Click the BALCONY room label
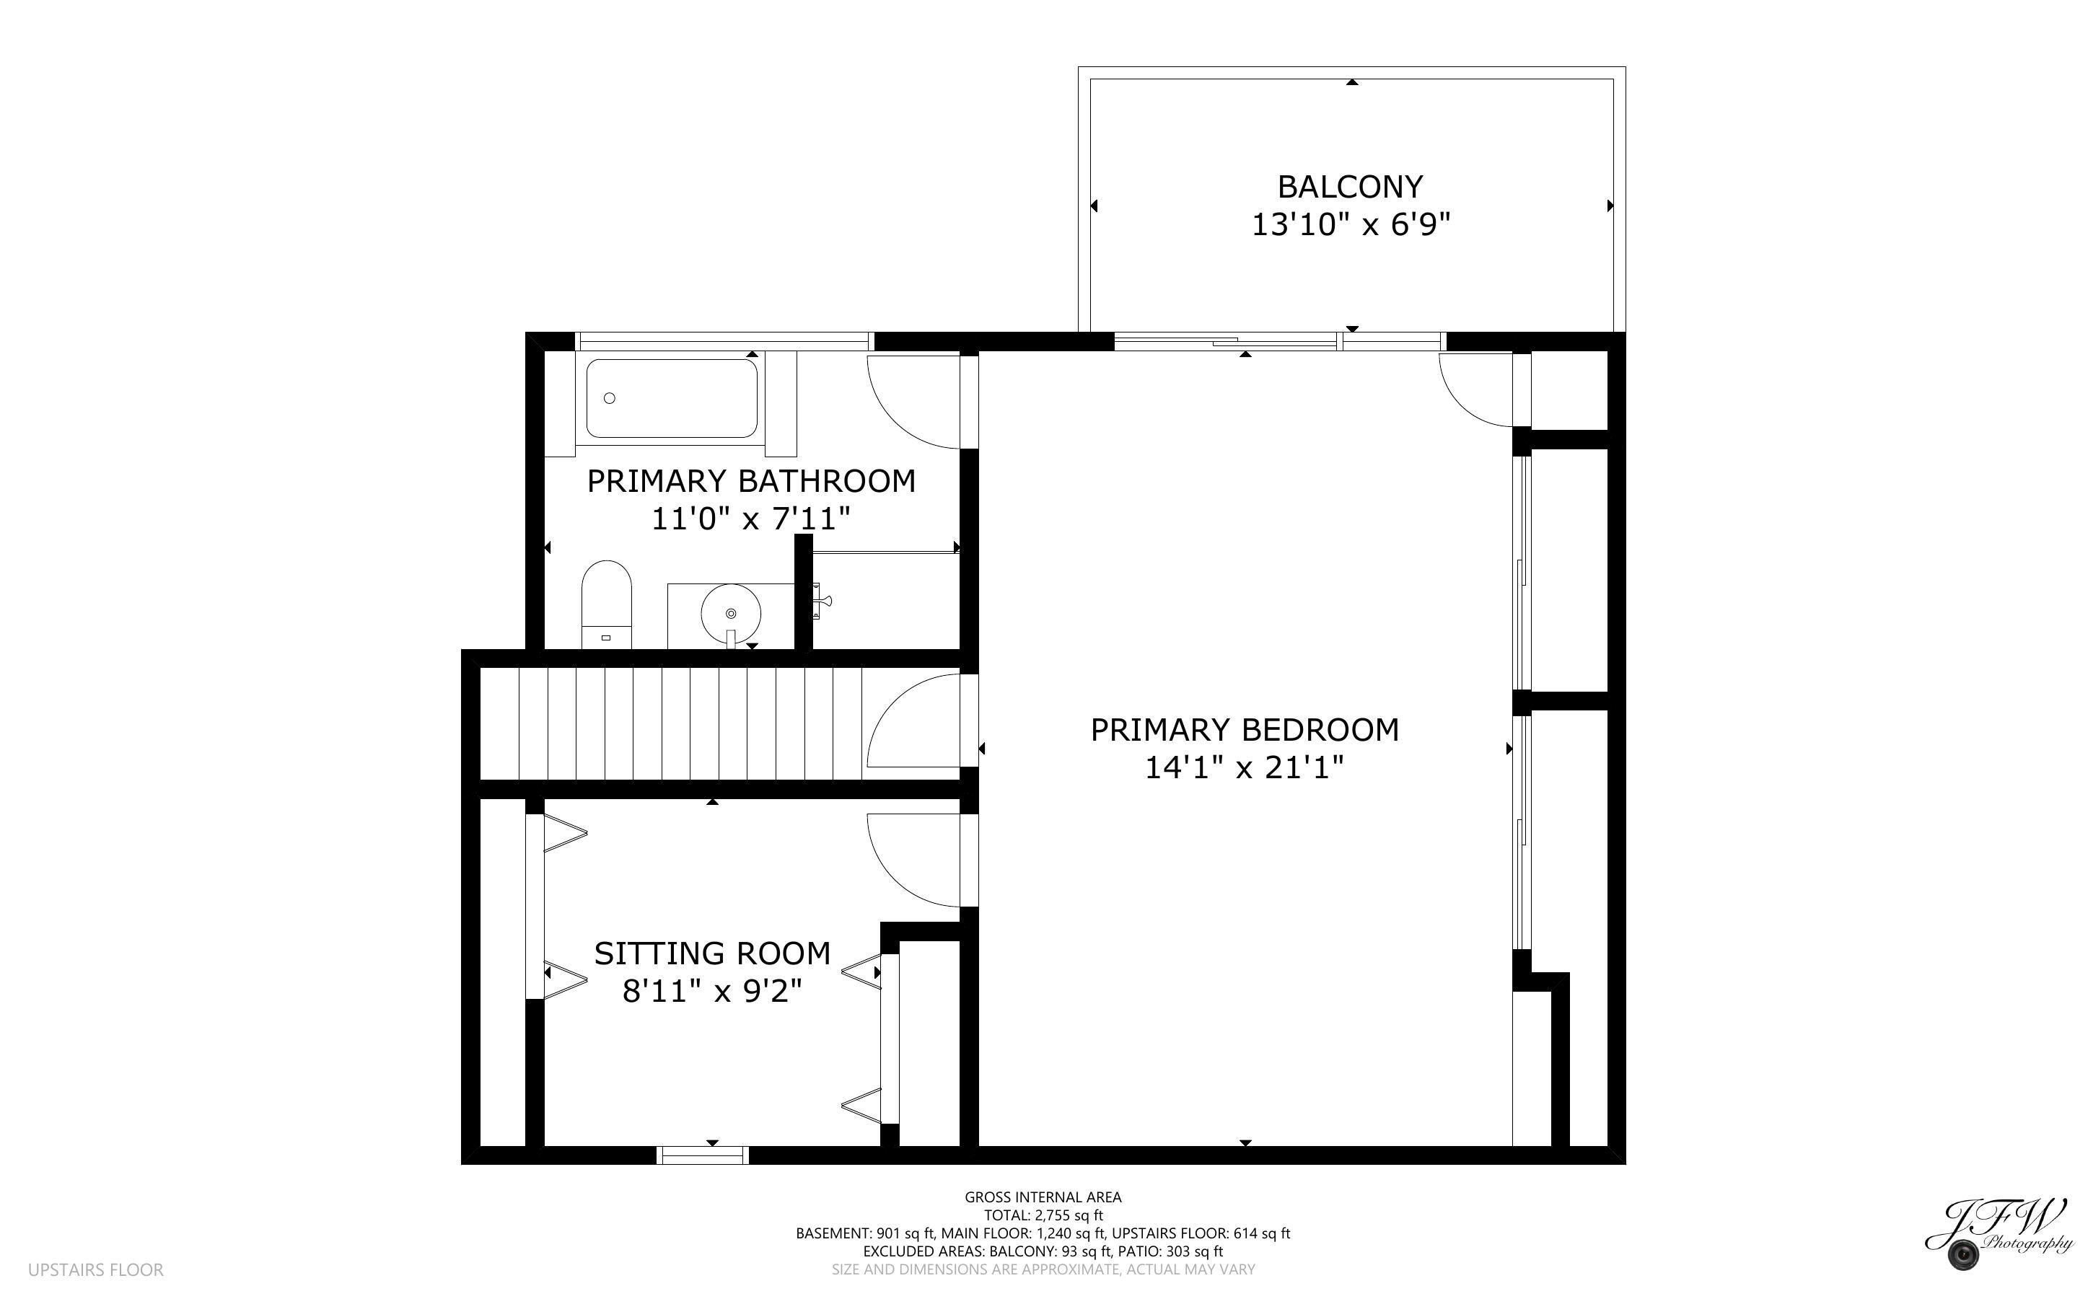(1350, 186)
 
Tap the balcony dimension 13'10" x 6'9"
(1351, 225)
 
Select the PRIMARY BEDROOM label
(1245, 730)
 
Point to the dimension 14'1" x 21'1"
(1245, 767)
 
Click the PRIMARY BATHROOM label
(751, 481)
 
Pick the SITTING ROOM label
(712, 953)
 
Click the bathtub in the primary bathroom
(672, 398)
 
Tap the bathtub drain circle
(610, 398)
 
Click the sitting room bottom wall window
(703, 1155)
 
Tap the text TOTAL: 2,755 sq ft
(1043, 1215)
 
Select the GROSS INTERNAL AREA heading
(1043, 1197)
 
